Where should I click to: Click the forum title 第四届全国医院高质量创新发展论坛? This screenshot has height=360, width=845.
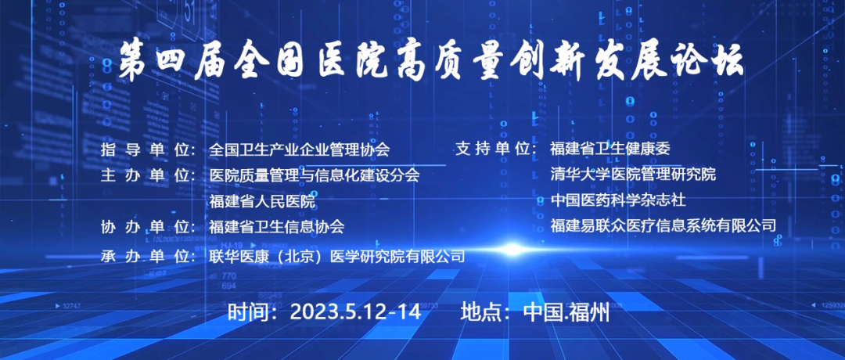(x=431, y=61)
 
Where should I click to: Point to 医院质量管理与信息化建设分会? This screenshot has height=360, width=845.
(x=315, y=175)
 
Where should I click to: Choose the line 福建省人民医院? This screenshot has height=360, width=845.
(x=262, y=202)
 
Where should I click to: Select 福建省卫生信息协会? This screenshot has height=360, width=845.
(x=277, y=227)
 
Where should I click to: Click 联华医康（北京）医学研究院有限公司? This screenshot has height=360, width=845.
(x=336, y=255)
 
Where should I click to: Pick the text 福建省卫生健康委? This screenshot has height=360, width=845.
(x=610, y=148)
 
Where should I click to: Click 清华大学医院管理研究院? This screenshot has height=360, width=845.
(x=633, y=174)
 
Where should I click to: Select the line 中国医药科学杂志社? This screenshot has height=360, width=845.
(x=617, y=200)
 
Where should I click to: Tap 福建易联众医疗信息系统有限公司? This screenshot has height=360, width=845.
(x=663, y=225)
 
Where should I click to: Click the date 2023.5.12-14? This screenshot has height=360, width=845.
(x=355, y=312)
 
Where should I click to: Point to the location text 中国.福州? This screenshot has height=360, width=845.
(x=566, y=312)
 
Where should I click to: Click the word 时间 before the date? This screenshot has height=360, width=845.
(x=246, y=312)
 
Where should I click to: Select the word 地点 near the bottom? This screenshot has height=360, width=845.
(x=479, y=312)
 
